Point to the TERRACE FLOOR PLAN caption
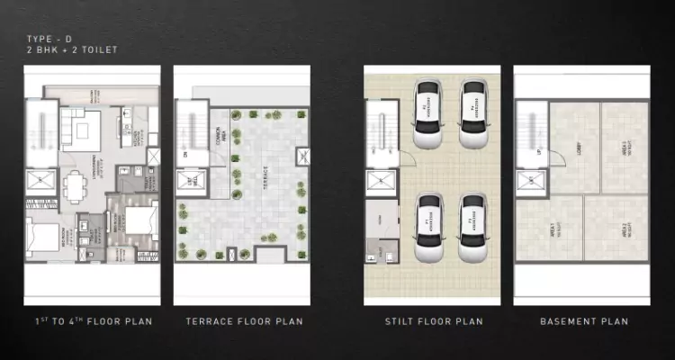click(243, 321)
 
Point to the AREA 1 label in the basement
click(549, 230)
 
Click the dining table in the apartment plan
click(73, 187)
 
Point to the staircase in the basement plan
click(527, 126)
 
